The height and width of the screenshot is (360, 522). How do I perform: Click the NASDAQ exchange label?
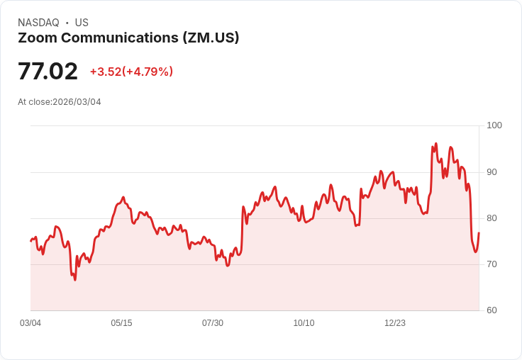[38, 23]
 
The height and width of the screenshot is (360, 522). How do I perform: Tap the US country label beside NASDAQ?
[82, 23]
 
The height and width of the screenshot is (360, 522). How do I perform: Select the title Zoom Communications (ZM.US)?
[128, 38]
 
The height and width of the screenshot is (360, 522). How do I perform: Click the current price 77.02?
[48, 72]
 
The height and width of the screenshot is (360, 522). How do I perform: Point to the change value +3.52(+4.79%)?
[131, 72]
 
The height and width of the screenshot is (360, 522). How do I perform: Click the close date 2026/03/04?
[77, 102]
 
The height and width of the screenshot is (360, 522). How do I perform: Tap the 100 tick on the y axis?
[494, 125]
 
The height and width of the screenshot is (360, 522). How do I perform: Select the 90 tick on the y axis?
[492, 172]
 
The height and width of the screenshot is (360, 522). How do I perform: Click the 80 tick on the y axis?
[492, 218]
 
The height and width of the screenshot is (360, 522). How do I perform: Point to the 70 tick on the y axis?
[492, 264]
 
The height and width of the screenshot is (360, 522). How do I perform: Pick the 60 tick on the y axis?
[492, 310]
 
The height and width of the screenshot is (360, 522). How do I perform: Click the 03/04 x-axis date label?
[30, 323]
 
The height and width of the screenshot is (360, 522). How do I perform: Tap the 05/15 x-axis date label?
[121, 323]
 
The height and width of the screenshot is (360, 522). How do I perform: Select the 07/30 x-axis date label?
[213, 323]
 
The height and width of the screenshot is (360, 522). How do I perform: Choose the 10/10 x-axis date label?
[304, 323]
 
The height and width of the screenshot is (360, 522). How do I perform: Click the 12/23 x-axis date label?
[395, 323]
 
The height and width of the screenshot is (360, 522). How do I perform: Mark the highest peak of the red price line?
[436, 143]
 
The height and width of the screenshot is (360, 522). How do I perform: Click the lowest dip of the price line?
[74, 280]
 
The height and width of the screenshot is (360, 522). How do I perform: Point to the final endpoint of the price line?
[479, 233]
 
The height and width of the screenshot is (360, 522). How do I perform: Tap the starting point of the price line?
[30, 241]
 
